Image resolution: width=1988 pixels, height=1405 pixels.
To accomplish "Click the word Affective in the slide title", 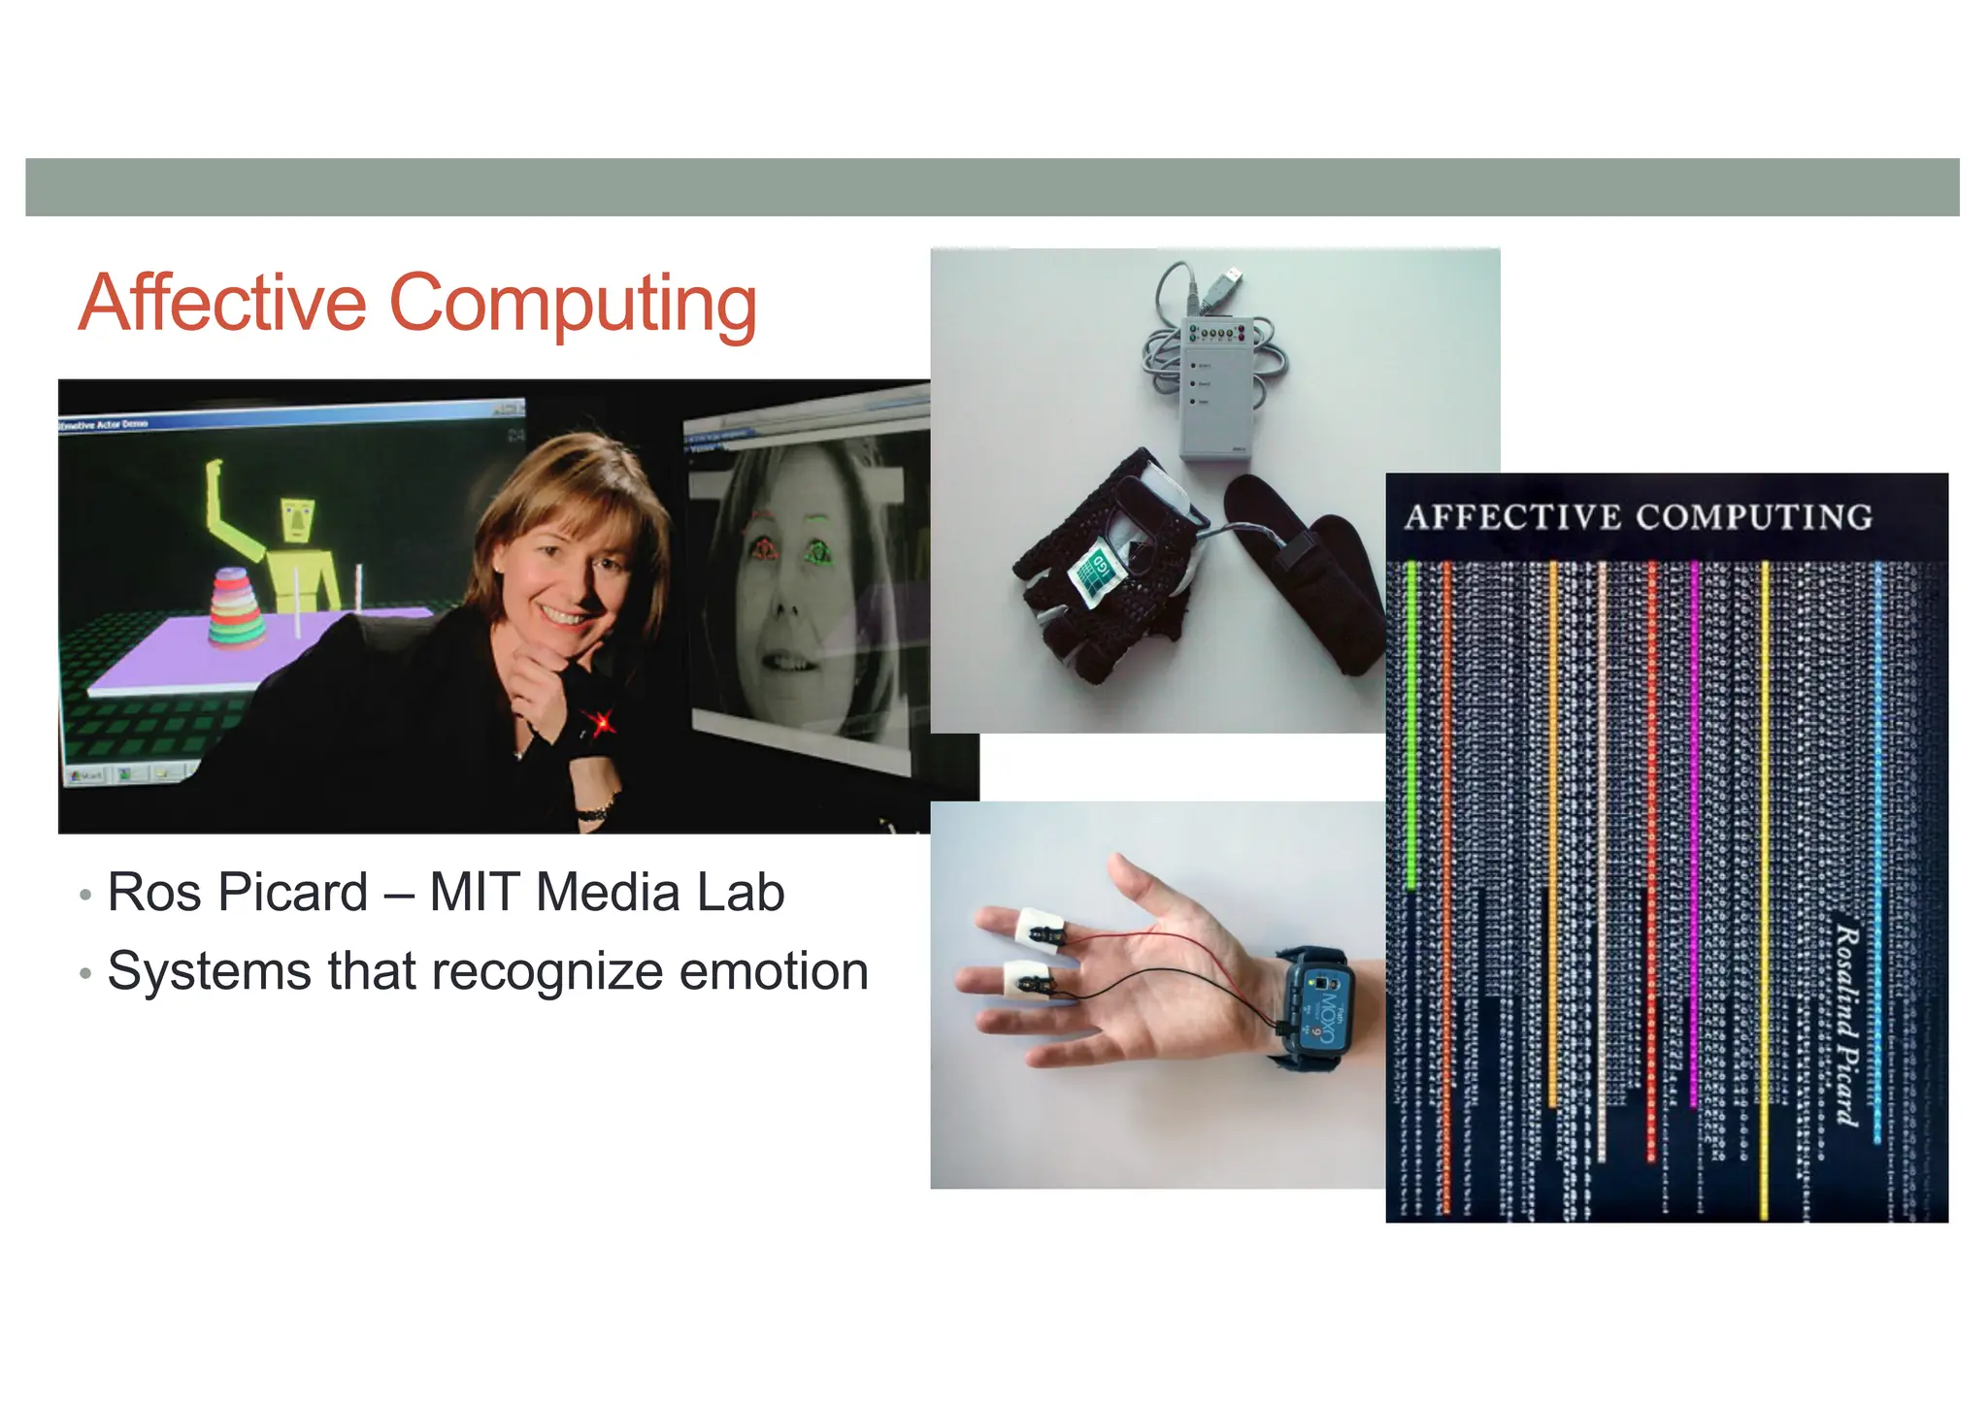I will pos(222,304).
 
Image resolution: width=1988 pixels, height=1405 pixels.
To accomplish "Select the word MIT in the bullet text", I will pos(475,893).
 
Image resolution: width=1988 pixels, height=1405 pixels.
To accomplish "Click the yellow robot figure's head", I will pos(298,520).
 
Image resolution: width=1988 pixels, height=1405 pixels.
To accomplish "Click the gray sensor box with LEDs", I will pos(1216,387).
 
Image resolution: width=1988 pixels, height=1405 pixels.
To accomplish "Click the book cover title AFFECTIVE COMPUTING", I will pos(1638,517).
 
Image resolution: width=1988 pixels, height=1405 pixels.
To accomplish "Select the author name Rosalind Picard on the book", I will pos(1845,1024).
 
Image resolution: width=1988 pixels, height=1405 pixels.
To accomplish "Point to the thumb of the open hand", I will pos(1133,881).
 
